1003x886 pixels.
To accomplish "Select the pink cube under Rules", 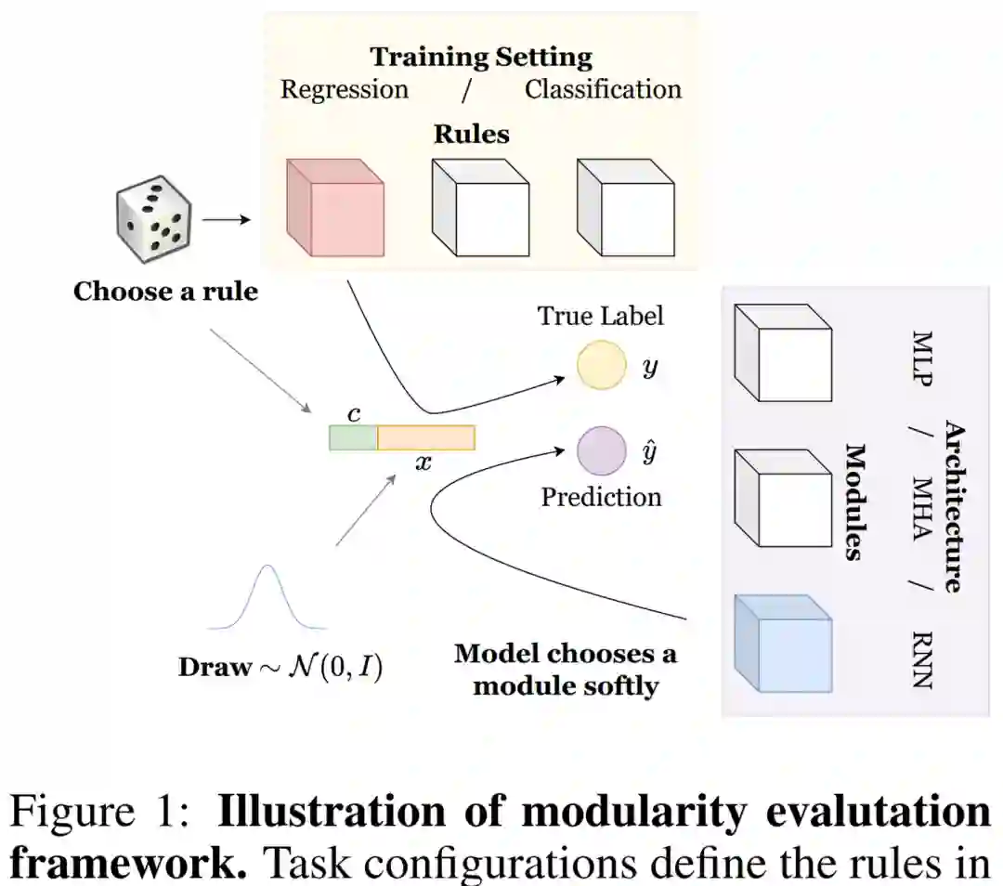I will [x=334, y=208].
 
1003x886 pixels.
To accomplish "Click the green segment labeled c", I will [x=353, y=437].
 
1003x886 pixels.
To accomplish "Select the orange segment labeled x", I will [x=426, y=437].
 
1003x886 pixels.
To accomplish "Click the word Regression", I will [x=345, y=89].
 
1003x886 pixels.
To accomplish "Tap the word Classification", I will [x=603, y=89].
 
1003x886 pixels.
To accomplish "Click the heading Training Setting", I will [x=481, y=58].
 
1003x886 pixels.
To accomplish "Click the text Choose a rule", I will [x=165, y=292].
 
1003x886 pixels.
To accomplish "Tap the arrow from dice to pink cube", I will [x=227, y=220].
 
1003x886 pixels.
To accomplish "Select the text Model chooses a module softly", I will [x=566, y=670].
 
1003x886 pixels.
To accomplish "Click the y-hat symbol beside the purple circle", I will [x=651, y=452].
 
